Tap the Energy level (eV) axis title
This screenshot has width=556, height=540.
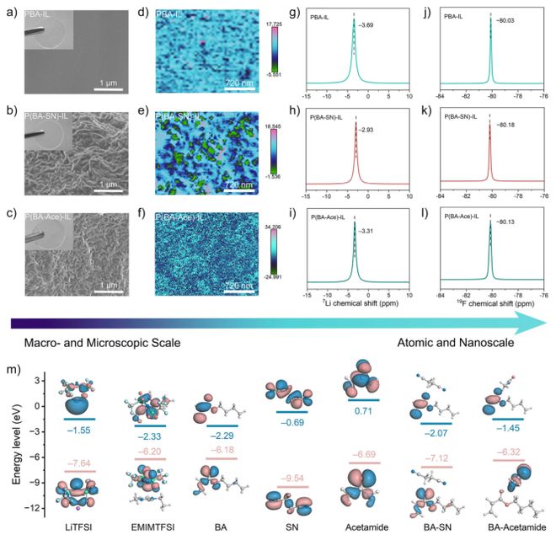click(x=16, y=447)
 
